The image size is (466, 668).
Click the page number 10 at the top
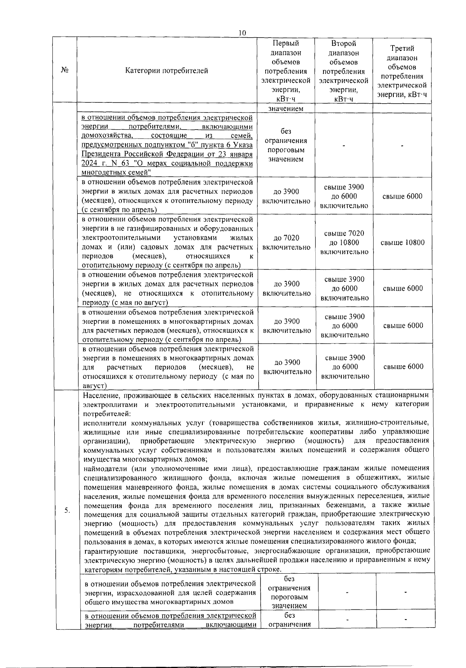tap(242, 33)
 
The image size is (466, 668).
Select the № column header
tap(65, 70)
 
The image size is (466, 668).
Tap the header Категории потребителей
tap(167, 71)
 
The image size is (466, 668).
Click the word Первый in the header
tap(286, 43)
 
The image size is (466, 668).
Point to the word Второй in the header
tap(344, 43)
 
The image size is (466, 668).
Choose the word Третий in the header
tap(402, 48)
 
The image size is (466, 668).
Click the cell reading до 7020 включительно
tap(287, 243)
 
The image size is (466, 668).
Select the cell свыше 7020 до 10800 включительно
tap(344, 243)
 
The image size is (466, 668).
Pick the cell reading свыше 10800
tap(402, 243)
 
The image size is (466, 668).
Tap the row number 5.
tap(67, 510)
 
